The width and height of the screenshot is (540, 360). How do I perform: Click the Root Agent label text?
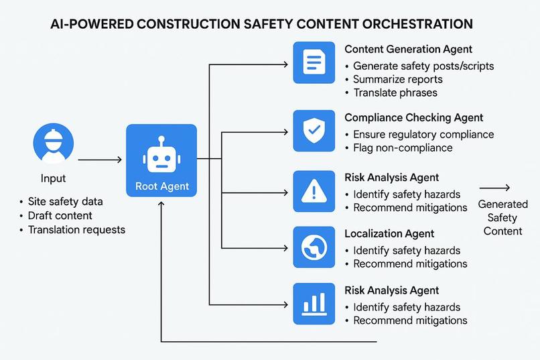[x=161, y=186]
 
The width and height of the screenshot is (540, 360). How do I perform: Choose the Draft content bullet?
[x=60, y=216]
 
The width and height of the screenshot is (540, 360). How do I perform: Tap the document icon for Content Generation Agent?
[x=314, y=62]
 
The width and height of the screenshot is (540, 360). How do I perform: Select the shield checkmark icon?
[x=314, y=129]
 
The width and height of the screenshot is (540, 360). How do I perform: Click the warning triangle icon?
[x=314, y=191]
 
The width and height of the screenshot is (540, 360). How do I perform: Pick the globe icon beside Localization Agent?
[x=314, y=247]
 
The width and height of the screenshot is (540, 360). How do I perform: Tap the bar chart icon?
[x=314, y=304]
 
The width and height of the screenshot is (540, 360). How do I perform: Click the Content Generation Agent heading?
[x=408, y=49]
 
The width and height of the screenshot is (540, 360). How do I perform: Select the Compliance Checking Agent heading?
[x=413, y=117]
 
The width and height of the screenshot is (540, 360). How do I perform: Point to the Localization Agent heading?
[x=389, y=234]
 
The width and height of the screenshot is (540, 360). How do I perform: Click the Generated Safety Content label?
[x=503, y=218]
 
